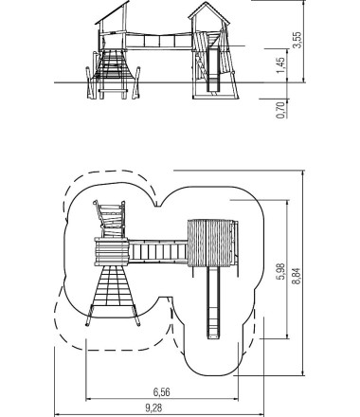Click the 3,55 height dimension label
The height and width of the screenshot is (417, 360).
pos(297,40)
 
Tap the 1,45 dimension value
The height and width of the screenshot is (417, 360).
pos(280,65)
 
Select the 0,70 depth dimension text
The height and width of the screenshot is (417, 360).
pos(280,110)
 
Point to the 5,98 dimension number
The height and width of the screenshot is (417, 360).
pos(280,271)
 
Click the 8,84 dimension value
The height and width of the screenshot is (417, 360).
pos(297,277)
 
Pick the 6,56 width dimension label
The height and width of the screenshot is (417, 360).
pos(162,392)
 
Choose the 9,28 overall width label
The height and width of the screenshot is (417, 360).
pos(153,408)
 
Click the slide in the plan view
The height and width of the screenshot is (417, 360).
pos(213,302)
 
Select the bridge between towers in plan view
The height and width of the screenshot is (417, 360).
pos(158,251)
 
